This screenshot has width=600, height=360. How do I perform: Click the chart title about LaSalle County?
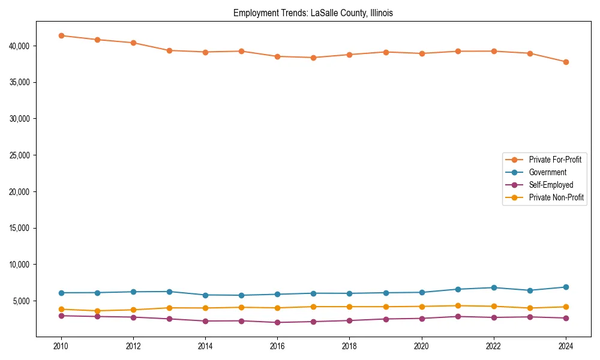[313, 13]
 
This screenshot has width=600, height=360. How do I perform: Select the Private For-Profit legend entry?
[554, 160]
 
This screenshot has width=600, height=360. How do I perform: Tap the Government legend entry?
[547, 172]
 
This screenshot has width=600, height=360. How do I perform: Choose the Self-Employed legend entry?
[551, 185]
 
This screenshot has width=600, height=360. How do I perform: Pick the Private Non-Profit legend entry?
[556, 197]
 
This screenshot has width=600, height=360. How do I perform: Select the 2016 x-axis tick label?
[277, 346]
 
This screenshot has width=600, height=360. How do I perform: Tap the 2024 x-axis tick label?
[566, 346]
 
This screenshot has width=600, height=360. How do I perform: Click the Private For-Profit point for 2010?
[61, 35]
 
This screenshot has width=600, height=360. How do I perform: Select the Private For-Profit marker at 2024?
[566, 62]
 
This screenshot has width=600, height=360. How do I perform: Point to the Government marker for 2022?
[494, 287]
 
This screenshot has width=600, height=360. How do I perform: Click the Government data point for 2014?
[205, 295]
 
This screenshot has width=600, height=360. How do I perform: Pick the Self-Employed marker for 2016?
[277, 322]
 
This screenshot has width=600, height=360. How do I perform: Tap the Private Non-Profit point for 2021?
[458, 306]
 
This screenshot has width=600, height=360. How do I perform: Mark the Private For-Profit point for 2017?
[313, 58]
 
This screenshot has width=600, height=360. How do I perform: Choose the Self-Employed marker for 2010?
[61, 316]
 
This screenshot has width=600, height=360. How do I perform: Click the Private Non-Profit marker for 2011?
[97, 311]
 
